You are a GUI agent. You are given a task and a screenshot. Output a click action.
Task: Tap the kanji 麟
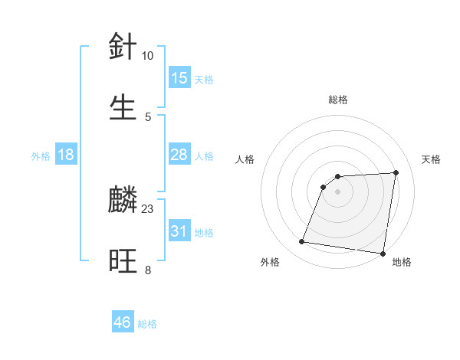click(123, 201)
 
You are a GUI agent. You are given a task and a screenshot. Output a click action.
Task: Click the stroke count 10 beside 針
click(147, 56)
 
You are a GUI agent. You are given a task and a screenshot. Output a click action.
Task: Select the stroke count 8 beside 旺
click(147, 270)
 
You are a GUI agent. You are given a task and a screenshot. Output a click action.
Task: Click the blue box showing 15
click(179, 78)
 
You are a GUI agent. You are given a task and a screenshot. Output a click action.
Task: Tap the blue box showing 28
click(179, 155)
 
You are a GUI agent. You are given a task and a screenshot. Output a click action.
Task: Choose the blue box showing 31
click(179, 231)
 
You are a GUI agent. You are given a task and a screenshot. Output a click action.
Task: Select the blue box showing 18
click(66, 155)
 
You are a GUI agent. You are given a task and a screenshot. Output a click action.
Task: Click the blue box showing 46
click(122, 322)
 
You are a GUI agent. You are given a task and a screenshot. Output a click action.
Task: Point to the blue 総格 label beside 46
click(147, 324)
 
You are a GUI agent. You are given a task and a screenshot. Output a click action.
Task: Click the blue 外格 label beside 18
click(41, 156)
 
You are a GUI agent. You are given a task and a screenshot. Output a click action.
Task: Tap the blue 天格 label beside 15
click(203, 80)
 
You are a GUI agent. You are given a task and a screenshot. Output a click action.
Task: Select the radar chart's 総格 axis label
click(338, 100)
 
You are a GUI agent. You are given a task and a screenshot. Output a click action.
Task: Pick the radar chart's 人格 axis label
click(245, 159)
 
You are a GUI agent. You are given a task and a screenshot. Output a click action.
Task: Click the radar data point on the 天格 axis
click(396, 172)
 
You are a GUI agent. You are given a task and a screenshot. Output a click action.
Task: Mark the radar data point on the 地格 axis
click(383, 254)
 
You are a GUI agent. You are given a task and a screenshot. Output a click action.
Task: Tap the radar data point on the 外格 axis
click(302, 242)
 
